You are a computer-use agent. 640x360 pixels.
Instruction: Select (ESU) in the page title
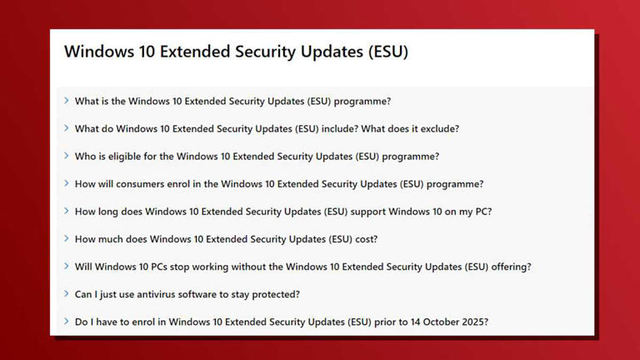pyautogui.click(x=387, y=52)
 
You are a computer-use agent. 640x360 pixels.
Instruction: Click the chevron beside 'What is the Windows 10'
pyautogui.click(x=67, y=101)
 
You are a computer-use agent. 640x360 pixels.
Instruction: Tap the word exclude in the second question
pyautogui.click(x=439, y=129)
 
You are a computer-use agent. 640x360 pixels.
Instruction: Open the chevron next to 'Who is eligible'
pyautogui.click(x=67, y=156)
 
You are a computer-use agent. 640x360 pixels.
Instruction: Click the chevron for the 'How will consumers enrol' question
pyautogui.click(x=67, y=183)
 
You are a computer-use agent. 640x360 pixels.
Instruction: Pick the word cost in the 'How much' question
pyautogui.click(x=363, y=239)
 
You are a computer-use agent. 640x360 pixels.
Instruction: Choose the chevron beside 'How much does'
pyautogui.click(x=67, y=238)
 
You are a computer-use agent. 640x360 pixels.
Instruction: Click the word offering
pyautogui.click(x=508, y=267)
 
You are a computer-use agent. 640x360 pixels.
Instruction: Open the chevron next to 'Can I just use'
pyautogui.click(x=67, y=293)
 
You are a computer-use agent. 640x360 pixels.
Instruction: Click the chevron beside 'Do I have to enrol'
pyautogui.click(x=67, y=321)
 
